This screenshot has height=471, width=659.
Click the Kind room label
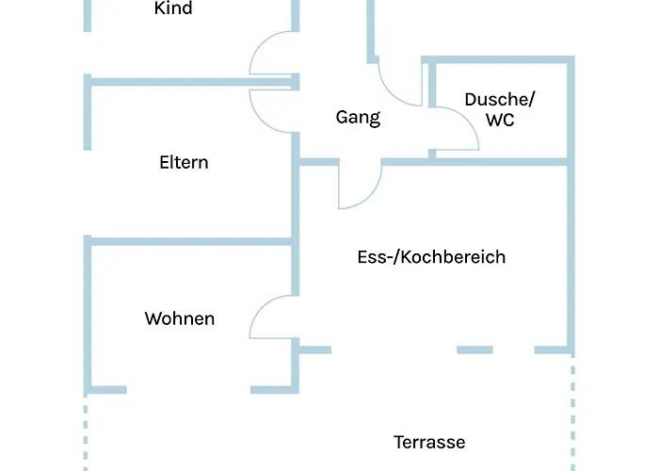click(x=173, y=8)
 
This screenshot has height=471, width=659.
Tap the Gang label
click(x=358, y=118)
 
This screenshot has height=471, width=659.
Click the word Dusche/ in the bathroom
click(x=500, y=98)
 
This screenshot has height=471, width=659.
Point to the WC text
click(x=499, y=120)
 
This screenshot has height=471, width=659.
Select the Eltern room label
click(x=184, y=162)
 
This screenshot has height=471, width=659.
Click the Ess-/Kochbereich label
click(x=431, y=256)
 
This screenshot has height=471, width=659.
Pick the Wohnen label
click(x=179, y=318)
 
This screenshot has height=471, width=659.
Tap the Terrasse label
click(x=429, y=442)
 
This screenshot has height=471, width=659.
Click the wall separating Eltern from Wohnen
click(x=188, y=241)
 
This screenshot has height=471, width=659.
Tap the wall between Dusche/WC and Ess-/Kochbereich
click(x=499, y=162)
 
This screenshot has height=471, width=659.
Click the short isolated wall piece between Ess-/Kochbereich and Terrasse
click(x=474, y=349)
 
